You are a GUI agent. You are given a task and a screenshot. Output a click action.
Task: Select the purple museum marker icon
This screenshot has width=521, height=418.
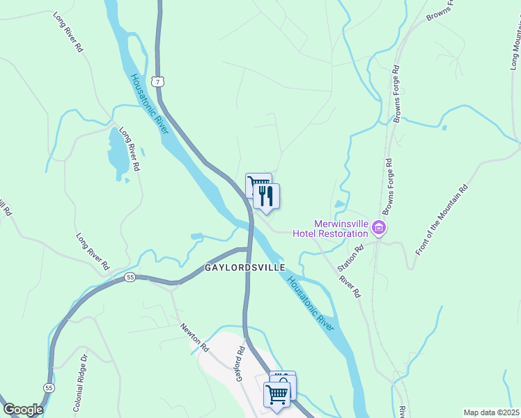pyautogui.click(x=380, y=227)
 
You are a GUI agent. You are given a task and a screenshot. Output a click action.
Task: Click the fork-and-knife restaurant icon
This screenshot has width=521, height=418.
pyautogui.click(x=265, y=196)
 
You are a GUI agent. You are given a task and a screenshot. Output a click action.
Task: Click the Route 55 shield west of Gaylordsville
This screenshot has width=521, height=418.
pyautogui.click(x=130, y=277)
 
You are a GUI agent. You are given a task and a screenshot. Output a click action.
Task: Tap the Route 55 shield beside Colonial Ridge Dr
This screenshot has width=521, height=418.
pyautogui.click(x=48, y=387)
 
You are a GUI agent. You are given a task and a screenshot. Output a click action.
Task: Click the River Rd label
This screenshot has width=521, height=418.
pyautogui.click(x=350, y=286)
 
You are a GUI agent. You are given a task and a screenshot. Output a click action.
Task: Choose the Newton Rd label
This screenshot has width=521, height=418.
pyautogui.click(x=195, y=336)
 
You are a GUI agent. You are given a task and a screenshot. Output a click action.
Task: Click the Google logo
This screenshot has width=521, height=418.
pyautogui.click(x=23, y=410)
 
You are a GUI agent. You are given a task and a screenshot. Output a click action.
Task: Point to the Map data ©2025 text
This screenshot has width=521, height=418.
pyautogui.click(x=491, y=412)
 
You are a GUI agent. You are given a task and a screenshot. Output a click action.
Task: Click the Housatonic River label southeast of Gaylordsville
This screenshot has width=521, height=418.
pyautogui.click(x=310, y=302)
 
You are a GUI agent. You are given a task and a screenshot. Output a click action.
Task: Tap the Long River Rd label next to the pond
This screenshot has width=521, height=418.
pyautogui.click(x=130, y=149)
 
